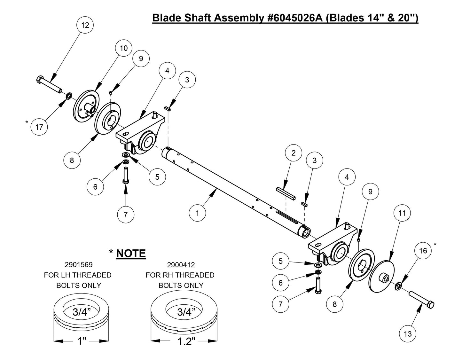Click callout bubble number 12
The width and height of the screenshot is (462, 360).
click(85, 25)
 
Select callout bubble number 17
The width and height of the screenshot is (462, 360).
click(39, 127)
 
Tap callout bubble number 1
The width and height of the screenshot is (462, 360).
click(197, 213)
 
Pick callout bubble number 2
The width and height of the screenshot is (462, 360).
click(294, 153)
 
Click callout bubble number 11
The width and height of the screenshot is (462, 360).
click(402, 213)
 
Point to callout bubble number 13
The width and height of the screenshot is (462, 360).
click(408, 334)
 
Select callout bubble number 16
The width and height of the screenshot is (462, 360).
click(423, 251)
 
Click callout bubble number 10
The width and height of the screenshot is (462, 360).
click(123, 48)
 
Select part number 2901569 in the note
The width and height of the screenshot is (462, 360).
click(78, 265)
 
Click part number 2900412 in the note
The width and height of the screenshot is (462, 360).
click(181, 265)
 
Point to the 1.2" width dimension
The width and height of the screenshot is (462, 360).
click(185, 341)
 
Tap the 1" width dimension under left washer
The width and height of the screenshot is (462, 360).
click(82, 341)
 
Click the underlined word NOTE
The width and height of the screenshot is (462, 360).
click(131, 254)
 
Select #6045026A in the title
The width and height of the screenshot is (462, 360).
click(293, 18)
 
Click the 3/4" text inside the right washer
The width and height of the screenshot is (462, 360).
click(184, 312)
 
